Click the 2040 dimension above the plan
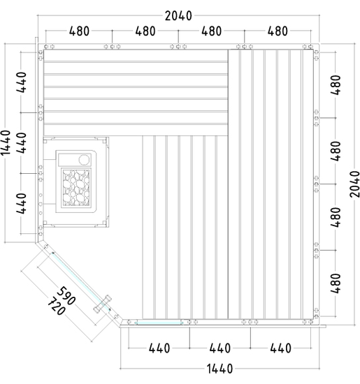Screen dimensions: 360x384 [178, 16]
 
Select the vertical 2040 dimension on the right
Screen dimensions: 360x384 [354, 184]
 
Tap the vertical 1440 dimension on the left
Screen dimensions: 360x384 [6, 142]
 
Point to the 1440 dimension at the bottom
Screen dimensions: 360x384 [219, 369]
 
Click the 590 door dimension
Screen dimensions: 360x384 [66, 295]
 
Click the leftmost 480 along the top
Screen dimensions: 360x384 [79, 31]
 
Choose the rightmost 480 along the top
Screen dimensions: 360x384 [278, 31]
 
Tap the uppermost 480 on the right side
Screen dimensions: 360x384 [336, 85]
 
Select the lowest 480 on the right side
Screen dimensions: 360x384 [336, 283]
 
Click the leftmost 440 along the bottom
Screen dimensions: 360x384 [159, 348]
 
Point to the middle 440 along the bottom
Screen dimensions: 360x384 [219, 348]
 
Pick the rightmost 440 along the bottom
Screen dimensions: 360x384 [280, 348]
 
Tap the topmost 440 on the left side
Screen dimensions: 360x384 [22, 82]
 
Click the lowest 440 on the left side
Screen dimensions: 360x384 [22, 203]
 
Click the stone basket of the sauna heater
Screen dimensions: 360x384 [76, 187]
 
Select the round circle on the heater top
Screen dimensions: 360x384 [84, 160]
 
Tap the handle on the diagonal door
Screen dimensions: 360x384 [103, 304]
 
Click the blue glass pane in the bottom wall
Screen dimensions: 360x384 [159, 323]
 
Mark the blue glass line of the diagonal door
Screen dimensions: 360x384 [81, 281]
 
